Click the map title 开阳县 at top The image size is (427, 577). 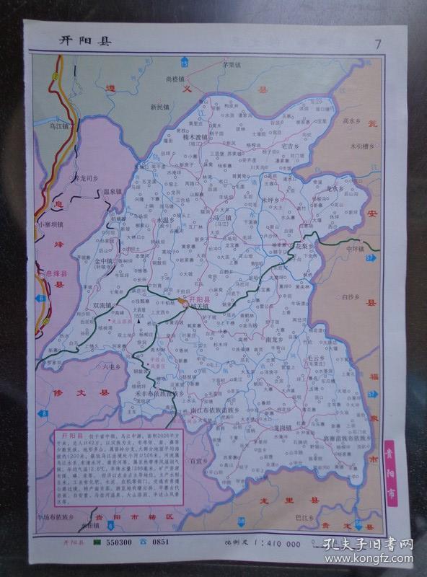pyautogui.click(x=85, y=41)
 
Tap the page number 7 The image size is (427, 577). pyautogui.click(x=378, y=43)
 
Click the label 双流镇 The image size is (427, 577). pyautogui.click(x=105, y=305)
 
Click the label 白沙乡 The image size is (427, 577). pyautogui.click(x=351, y=296)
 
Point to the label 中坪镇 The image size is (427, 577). pyautogui.click(x=356, y=249)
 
